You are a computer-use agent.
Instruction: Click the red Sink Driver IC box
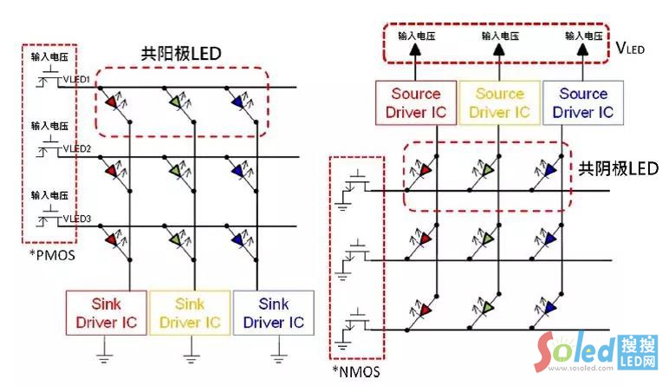coord(107,313)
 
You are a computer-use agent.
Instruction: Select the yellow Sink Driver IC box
coord(191,313)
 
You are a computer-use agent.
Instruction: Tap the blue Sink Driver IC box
coord(274,313)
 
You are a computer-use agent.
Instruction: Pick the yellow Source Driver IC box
coord(500,102)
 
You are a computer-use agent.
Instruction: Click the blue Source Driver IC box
coord(583,102)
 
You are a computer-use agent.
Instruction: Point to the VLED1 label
coord(75,81)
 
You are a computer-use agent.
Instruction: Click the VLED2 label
coord(75,149)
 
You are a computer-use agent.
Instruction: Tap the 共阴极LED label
coord(619,168)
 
